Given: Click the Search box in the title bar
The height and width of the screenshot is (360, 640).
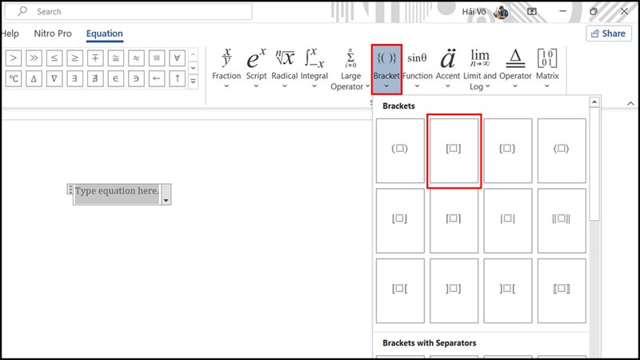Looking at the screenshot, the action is (x=128, y=11).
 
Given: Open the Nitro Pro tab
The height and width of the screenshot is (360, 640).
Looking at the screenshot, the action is (x=53, y=34).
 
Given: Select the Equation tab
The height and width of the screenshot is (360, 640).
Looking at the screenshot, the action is (x=105, y=34).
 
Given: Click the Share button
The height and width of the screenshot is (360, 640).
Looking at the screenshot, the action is (x=609, y=34).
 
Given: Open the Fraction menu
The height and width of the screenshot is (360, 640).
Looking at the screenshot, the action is (x=226, y=68).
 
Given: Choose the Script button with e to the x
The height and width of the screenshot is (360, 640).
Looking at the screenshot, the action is (x=256, y=68).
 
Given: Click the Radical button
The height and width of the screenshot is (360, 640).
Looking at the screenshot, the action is (x=285, y=68).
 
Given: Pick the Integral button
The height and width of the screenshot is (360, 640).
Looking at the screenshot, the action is (x=314, y=68).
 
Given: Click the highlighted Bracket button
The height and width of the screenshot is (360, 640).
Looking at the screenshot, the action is (x=386, y=70).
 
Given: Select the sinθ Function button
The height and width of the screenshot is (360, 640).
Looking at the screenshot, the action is (x=417, y=68).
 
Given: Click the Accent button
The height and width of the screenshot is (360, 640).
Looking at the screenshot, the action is (x=448, y=68).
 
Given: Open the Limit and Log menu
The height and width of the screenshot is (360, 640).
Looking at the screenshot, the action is (x=479, y=69).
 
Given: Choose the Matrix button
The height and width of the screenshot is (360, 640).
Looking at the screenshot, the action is (x=547, y=68).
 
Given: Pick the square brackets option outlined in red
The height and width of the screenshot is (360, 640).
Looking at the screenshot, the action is (x=454, y=150).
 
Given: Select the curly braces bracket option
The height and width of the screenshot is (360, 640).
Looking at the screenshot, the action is (x=508, y=150).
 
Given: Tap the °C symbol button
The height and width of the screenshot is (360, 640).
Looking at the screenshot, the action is (x=14, y=78).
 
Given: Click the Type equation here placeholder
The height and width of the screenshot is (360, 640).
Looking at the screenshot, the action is (x=117, y=191).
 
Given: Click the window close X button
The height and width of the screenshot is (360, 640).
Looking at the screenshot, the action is (x=625, y=11).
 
